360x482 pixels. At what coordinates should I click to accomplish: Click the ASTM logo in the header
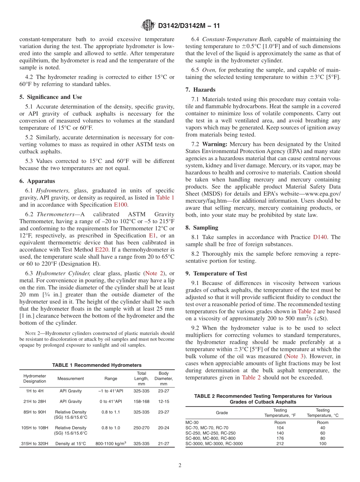point(149,25)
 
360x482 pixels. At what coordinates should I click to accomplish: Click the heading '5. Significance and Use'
point(50,97)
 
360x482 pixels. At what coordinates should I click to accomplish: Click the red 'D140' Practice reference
point(320,237)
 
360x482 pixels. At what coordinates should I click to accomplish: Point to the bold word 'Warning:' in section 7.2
point(214,144)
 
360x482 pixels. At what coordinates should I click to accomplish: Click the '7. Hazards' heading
point(200,90)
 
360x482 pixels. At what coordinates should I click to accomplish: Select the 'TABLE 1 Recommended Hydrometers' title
point(97,365)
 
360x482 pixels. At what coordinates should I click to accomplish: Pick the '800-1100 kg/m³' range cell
point(111,443)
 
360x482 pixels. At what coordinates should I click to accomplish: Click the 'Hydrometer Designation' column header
point(34,379)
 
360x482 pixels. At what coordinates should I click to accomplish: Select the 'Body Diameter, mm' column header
point(163,378)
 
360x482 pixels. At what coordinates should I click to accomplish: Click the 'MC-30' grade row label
point(192,422)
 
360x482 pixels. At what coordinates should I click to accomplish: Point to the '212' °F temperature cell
point(280,443)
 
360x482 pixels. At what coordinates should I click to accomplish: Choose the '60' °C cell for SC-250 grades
point(322,433)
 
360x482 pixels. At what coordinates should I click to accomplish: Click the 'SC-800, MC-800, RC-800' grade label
point(210,438)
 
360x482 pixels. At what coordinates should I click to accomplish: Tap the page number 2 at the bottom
point(180,466)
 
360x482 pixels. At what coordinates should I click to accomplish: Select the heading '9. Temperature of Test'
point(216,273)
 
